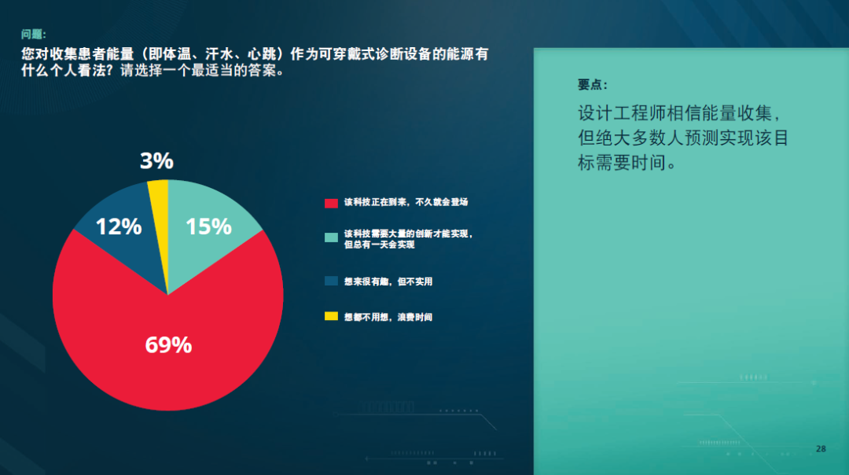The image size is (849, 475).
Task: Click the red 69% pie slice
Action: point(168,352)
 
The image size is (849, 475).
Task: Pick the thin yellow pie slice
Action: point(159,216)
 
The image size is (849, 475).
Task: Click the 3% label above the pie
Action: point(157,160)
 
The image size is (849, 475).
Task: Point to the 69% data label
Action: point(168,345)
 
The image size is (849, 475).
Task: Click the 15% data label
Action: point(208,226)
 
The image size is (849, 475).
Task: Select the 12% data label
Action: point(119,226)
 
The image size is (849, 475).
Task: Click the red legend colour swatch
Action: point(332,203)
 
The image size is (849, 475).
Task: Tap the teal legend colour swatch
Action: point(332,237)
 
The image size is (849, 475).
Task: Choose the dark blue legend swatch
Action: point(332,281)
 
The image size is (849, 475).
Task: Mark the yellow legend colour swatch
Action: point(332,316)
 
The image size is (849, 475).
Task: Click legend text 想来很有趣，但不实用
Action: point(388,282)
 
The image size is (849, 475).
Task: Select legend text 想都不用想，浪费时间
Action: point(388,318)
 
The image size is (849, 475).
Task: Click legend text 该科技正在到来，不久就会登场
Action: point(406,202)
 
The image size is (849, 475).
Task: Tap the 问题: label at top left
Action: point(34,35)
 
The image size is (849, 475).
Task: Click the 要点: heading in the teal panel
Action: point(593,84)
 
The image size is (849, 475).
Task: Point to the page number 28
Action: point(821,448)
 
